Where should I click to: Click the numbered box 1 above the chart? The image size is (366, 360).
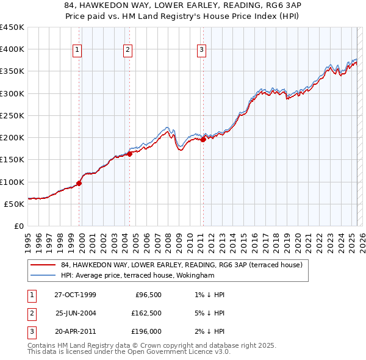pyautogui.click(x=79, y=51)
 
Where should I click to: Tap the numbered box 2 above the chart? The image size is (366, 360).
pyautogui.click(x=127, y=51)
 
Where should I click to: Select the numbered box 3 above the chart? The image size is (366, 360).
pyautogui.click(x=201, y=51)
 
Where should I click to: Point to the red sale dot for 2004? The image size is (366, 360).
pyautogui.click(x=130, y=154)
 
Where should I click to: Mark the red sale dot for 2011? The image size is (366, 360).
pyautogui.click(x=203, y=139)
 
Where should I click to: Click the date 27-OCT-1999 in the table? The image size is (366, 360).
pyautogui.click(x=75, y=295)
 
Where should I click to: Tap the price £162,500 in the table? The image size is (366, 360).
pyautogui.click(x=146, y=314)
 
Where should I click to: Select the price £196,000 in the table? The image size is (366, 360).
pyautogui.click(x=146, y=333)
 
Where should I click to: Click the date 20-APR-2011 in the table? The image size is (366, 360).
pyautogui.click(x=75, y=333)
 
